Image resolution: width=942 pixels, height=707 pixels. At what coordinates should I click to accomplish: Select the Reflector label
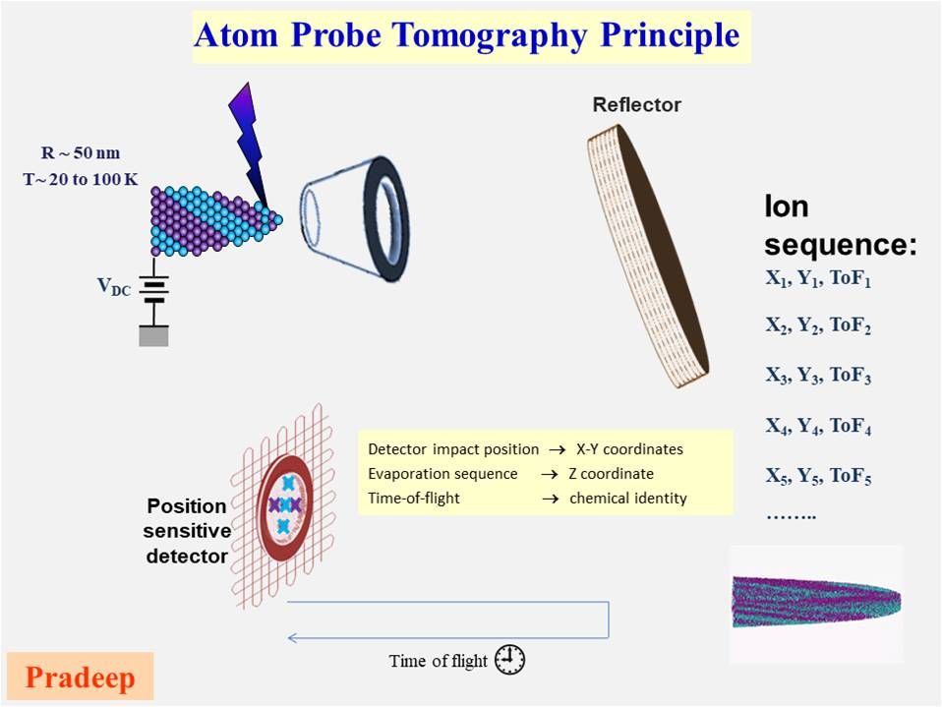pyautogui.click(x=636, y=105)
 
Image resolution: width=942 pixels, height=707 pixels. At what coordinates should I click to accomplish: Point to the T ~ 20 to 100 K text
pyautogui.click(x=83, y=178)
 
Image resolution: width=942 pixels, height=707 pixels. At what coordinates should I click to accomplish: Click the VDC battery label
pyautogui.click(x=115, y=286)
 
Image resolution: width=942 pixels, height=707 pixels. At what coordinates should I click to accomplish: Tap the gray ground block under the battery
pyautogui.click(x=153, y=335)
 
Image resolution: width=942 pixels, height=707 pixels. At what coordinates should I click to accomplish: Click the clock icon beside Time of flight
pyautogui.click(x=509, y=660)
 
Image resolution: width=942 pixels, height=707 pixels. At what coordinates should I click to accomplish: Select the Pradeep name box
pyautogui.click(x=80, y=678)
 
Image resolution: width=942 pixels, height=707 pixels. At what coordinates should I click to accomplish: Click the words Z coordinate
pyautogui.click(x=612, y=473)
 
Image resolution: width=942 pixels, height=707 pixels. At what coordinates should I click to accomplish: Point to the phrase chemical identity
pyautogui.click(x=627, y=498)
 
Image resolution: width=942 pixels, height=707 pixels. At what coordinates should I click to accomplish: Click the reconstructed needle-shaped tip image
pyautogui.click(x=815, y=600)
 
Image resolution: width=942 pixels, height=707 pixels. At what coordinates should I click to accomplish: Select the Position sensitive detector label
pyautogui.click(x=188, y=531)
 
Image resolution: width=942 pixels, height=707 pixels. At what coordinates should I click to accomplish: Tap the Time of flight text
pyautogui.click(x=438, y=661)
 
